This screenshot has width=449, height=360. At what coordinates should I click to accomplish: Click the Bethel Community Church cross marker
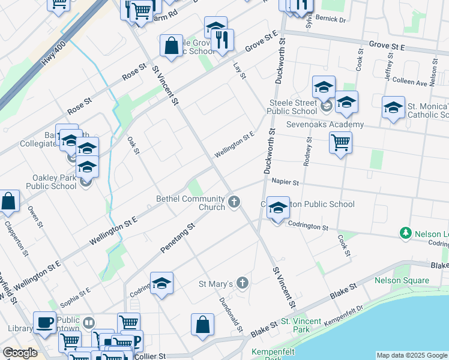click(234, 202)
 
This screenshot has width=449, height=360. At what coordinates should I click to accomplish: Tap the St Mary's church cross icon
click(242, 283)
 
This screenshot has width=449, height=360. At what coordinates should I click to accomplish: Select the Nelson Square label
click(402, 280)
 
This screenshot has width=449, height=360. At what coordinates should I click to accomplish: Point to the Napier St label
click(285, 181)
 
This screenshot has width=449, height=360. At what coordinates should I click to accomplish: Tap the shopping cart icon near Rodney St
click(340, 143)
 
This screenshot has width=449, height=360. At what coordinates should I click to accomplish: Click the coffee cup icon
click(44, 322)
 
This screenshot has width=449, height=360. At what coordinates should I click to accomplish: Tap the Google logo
click(20, 353)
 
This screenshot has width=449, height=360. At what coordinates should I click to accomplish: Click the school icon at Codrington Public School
click(278, 208)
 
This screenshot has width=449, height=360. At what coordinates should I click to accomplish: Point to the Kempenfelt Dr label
click(344, 316)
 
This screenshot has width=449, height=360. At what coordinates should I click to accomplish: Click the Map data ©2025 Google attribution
click(412, 355)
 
